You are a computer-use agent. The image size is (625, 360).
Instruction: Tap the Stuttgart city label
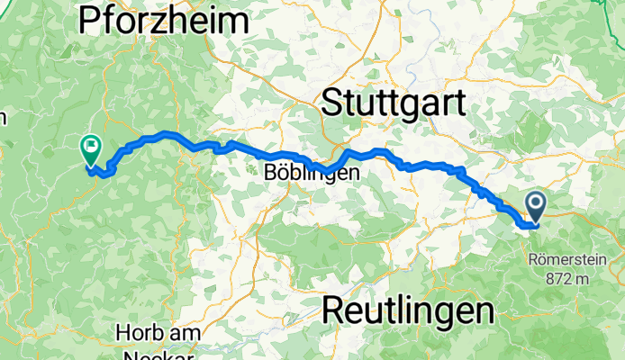394,102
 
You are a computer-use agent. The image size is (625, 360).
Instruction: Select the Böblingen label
313,171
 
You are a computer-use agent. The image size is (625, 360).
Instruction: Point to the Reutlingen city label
408,310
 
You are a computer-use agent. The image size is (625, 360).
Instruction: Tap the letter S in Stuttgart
333,102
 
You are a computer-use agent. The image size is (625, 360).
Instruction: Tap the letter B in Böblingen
272,171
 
